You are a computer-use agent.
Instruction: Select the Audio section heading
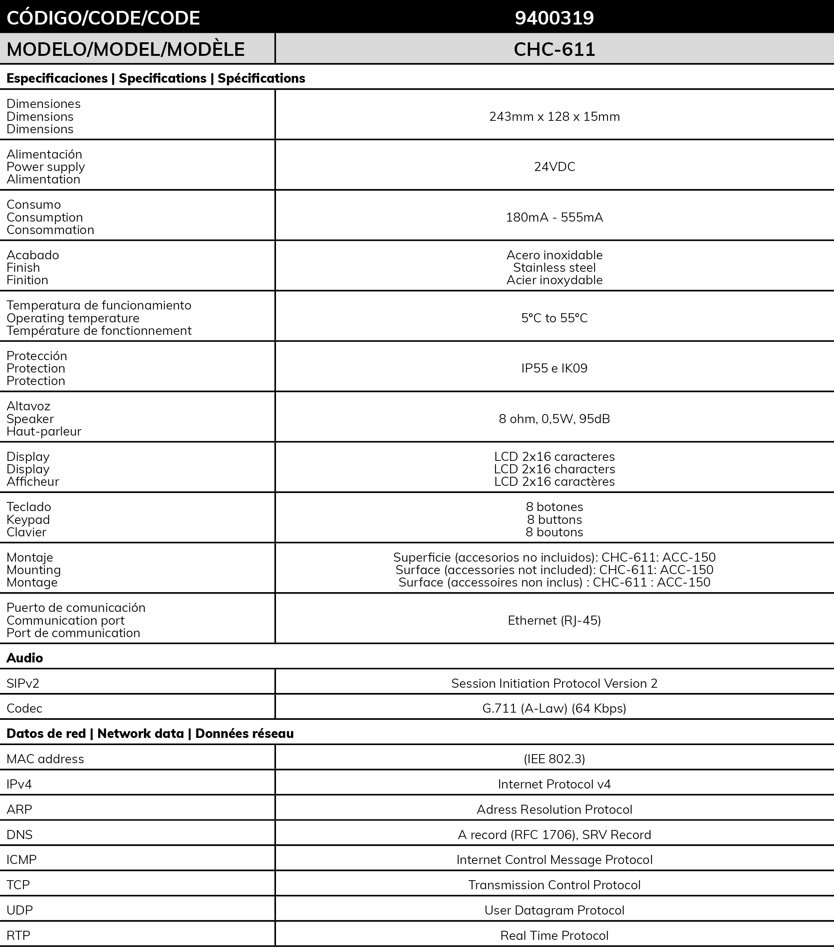coord(25,658)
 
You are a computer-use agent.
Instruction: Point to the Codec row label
coord(24,708)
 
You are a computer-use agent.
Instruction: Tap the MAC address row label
coord(45,759)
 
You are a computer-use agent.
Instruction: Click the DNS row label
coord(20,835)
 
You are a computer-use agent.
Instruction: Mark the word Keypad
coord(28,519)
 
